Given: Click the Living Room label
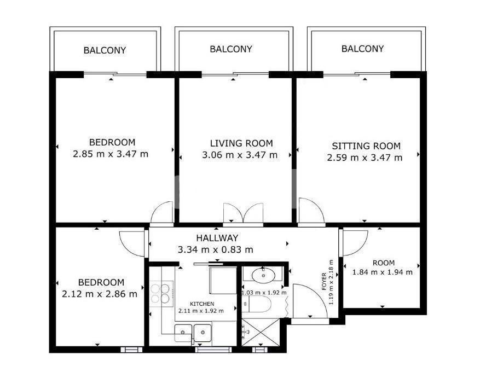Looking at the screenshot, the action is [x=241, y=143].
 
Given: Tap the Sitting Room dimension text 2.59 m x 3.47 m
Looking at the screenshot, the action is [x=365, y=158].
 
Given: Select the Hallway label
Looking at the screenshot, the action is [x=217, y=238].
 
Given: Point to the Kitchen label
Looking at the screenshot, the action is [x=202, y=304].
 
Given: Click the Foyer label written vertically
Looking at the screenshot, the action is [x=324, y=282].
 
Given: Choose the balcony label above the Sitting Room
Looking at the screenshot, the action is [x=362, y=49].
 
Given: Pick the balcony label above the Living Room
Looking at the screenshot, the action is [x=231, y=49].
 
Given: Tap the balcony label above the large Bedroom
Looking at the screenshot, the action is [x=105, y=50].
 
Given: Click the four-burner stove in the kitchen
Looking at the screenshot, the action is [x=161, y=294].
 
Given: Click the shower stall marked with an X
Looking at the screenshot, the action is [x=261, y=333].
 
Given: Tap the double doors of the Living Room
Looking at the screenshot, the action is [x=244, y=213].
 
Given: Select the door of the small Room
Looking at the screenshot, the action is [x=355, y=243].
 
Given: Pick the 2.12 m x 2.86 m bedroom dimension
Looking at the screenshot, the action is [x=100, y=294].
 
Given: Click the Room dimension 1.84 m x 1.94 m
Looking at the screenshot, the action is [x=383, y=272].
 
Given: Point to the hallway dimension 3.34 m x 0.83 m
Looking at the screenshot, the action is [x=216, y=250].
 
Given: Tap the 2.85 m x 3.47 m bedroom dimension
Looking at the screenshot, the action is [x=111, y=154].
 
